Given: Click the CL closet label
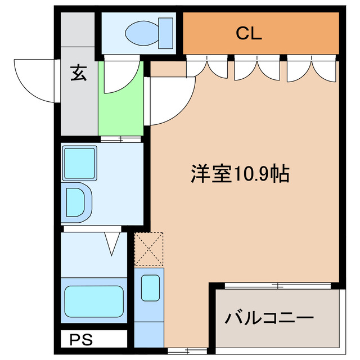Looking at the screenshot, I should (x=249, y=34).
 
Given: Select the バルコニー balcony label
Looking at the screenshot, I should (x=269, y=319).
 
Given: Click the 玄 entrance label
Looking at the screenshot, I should (x=78, y=74).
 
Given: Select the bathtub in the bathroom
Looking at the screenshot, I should (x=93, y=301).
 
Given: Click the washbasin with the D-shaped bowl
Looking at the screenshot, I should (x=75, y=200).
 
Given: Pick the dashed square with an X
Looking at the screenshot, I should (x=149, y=249).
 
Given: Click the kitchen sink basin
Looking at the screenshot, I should (x=150, y=287).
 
